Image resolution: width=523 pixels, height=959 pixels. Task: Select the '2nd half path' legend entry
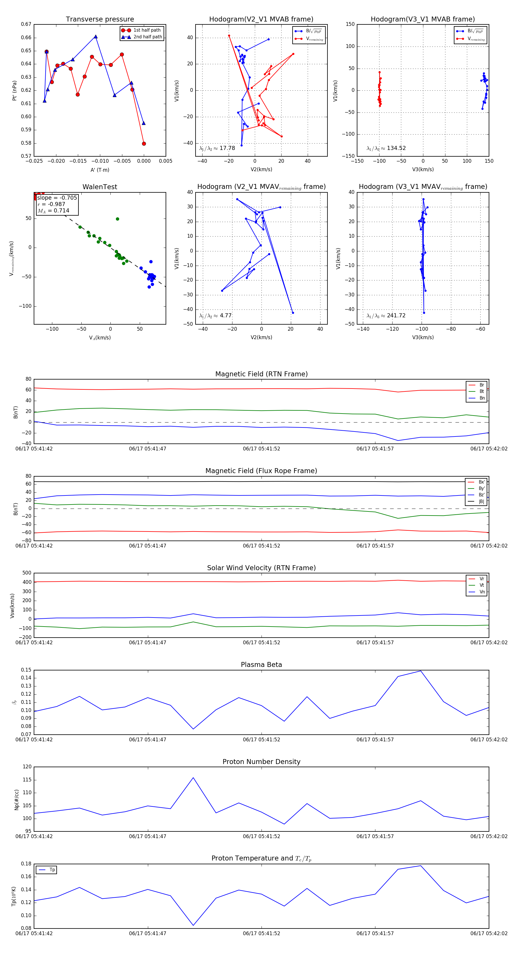point(147,37)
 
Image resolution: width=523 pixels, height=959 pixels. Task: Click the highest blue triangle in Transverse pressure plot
point(96,37)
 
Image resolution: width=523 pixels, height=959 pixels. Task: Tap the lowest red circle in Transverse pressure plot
point(144,144)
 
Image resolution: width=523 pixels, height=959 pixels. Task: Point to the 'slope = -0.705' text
point(57,198)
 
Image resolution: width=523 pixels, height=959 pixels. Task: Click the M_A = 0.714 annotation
point(53,211)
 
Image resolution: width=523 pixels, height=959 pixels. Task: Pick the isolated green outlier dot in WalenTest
point(117,219)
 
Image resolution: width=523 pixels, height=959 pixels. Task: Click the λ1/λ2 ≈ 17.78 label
point(217,148)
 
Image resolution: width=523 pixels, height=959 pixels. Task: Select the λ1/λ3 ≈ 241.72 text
point(386,316)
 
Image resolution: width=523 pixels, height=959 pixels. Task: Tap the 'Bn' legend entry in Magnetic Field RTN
point(482,398)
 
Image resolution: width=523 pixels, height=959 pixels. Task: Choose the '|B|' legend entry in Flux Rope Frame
point(481,502)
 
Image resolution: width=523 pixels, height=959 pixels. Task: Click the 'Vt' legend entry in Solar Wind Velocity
point(482,585)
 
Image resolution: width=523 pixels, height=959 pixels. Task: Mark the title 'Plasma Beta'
point(261,665)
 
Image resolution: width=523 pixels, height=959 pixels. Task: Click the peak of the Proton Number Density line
point(193,778)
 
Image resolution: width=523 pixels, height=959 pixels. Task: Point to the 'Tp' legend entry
point(52,870)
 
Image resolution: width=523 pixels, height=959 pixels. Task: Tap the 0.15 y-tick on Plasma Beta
point(26,670)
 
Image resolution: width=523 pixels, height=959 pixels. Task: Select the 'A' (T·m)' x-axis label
point(100,170)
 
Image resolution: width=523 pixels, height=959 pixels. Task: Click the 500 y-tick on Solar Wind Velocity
point(27,573)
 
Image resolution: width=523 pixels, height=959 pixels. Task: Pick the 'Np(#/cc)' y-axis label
point(16,800)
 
